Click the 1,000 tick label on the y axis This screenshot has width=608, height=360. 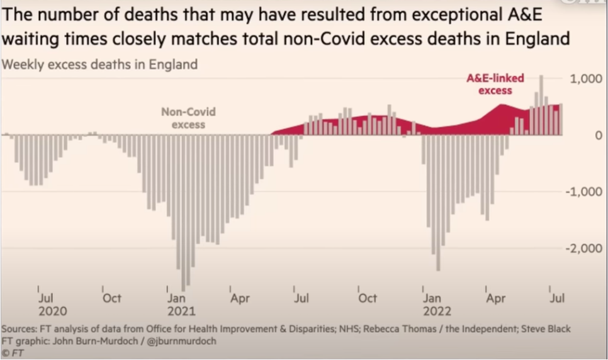(x=586, y=79)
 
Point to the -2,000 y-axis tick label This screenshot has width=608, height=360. (x=585, y=249)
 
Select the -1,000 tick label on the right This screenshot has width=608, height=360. (x=585, y=192)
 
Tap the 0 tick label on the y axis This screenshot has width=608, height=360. (x=598, y=135)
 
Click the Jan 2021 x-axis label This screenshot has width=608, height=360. (x=181, y=305)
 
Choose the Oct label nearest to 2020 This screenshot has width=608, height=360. (x=112, y=298)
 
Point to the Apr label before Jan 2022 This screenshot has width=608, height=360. (x=240, y=298)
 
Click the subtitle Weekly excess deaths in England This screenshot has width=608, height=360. (x=99, y=64)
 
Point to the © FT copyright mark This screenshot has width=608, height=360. (x=13, y=352)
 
